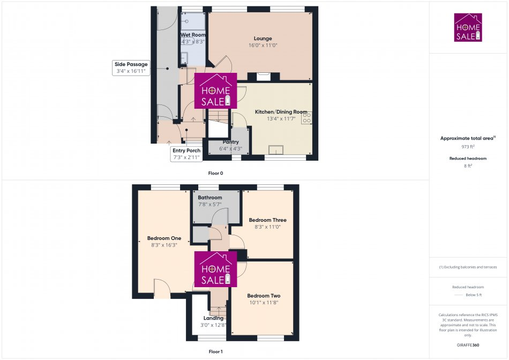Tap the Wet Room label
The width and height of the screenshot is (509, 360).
193,35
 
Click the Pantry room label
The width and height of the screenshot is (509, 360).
231,142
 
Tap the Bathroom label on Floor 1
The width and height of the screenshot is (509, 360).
210,198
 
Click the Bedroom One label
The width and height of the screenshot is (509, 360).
164,238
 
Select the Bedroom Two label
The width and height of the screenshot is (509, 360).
264,296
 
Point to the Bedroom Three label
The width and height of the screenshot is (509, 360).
267,220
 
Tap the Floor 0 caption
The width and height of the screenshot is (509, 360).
215,174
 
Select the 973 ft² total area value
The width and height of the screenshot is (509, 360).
468,146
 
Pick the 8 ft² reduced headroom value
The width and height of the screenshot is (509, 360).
468,167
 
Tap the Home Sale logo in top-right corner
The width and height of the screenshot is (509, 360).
468,27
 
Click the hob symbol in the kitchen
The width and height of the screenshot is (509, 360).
307,117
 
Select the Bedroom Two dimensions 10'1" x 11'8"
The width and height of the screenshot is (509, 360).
264,303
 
